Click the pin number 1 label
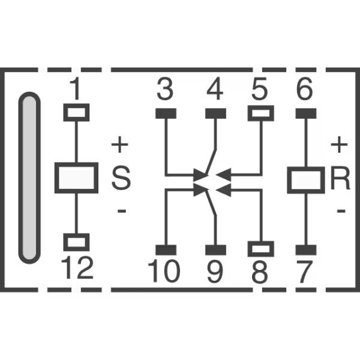(x=76, y=89)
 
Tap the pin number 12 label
(x=77, y=268)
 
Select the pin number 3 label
(x=165, y=89)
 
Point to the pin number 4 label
(x=215, y=89)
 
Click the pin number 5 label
(x=260, y=89)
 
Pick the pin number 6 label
(x=305, y=89)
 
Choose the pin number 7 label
(x=305, y=272)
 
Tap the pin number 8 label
(x=260, y=272)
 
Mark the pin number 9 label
(x=215, y=272)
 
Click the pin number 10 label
(x=164, y=271)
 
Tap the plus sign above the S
(x=119, y=145)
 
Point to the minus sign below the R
(x=341, y=211)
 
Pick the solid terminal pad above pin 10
(x=166, y=250)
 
